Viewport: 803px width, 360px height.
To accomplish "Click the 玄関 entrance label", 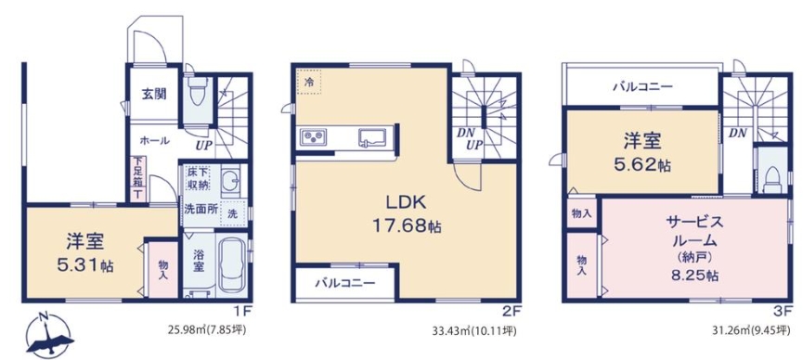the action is pyautogui.click(x=153, y=95).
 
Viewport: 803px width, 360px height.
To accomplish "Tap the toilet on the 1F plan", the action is pyautogui.click(x=195, y=92).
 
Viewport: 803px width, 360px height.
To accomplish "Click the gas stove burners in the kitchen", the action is pyautogui.click(x=313, y=137).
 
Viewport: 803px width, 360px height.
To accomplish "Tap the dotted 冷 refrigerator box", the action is pyautogui.click(x=309, y=83).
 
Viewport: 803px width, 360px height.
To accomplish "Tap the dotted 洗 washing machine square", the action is pyautogui.click(x=233, y=212).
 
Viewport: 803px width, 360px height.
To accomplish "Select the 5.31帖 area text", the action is pyautogui.click(x=86, y=264).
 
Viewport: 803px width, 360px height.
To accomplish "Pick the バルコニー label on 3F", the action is pyautogui.click(x=642, y=86).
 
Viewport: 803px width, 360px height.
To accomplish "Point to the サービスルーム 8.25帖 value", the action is pyautogui.click(x=693, y=275).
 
